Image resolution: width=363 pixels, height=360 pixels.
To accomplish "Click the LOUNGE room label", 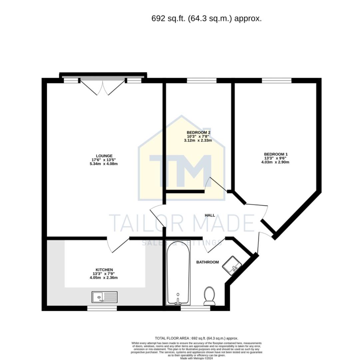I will [x=104, y=156].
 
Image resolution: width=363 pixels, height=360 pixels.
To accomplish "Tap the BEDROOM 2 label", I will [x=198, y=132].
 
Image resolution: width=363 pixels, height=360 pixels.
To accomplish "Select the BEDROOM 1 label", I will [x=275, y=154].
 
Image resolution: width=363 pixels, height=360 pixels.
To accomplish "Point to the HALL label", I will [x=210, y=215].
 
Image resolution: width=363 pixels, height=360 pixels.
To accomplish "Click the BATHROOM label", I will [x=207, y=262].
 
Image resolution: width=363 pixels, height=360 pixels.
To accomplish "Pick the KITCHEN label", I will [x=104, y=270].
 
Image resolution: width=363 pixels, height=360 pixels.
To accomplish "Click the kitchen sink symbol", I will [x=104, y=296].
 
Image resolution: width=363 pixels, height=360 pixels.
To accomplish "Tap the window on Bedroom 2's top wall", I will [x=201, y=80].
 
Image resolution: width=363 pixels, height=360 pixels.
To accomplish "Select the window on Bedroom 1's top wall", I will [x=276, y=80].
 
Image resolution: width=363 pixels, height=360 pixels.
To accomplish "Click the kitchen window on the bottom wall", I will [x=102, y=308].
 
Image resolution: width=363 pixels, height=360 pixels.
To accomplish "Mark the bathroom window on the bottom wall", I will [x=195, y=308].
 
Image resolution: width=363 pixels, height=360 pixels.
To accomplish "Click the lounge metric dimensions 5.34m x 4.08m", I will [x=104, y=164].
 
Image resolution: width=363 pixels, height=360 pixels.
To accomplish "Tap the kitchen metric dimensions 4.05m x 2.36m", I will [x=104, y=278].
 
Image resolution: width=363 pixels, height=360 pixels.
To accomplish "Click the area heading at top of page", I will [x=206, y=19].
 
